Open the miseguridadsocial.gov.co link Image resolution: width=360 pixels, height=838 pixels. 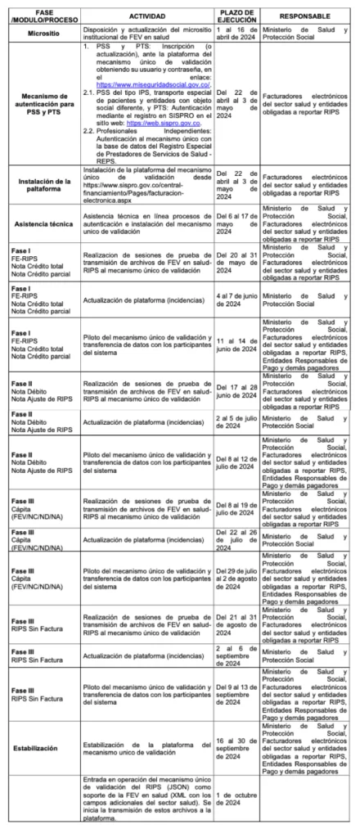(x=153, y=84)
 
